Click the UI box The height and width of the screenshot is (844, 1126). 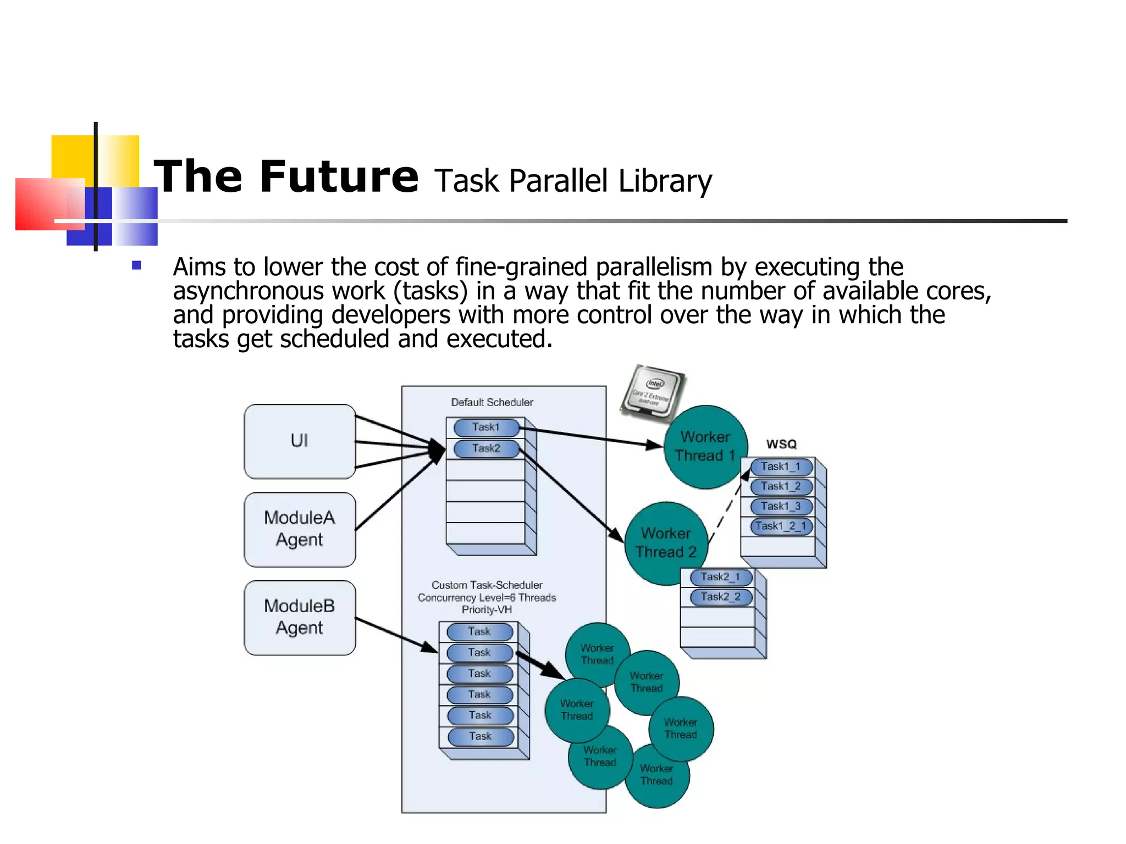coord(299,441)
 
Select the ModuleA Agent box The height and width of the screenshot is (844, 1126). coord(299,529)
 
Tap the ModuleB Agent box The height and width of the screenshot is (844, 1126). coord(299,617)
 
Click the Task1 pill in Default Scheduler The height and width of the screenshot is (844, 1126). coord(486,427)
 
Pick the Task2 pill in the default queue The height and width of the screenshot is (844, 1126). coord(486,448)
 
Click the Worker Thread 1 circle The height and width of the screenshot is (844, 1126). coord(705,446)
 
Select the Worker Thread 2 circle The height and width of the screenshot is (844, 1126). coord(666,543)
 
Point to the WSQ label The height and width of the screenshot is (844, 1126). coord(781,444)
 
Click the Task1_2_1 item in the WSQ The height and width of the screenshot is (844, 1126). coord(781,526)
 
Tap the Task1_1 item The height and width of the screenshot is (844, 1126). coord(781,467)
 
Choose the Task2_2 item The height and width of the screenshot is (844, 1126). coord(721,597)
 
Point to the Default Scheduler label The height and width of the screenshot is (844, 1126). coord(492,402)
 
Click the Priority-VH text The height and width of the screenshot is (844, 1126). coord(487,610)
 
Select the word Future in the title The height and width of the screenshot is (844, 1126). coord(339,177)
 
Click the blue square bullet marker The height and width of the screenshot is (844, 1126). coord(136,266)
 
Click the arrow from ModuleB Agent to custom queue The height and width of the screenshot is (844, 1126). coord(396,635)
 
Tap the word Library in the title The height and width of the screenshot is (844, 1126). coord(665,181)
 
